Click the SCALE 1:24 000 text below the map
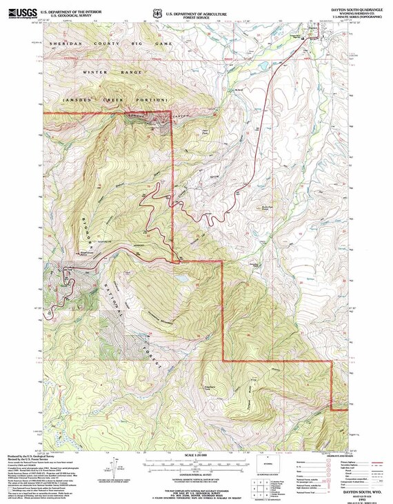point(196,455)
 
